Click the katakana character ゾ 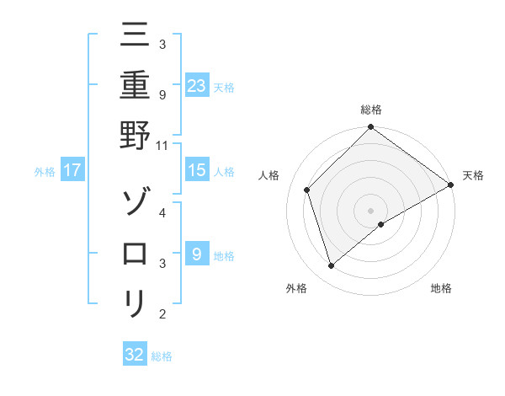[135, 203]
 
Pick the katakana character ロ [135, 253]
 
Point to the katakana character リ [135, 302]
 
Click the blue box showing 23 [197, 85]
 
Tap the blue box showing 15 [197, 170]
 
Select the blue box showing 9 [197, 254]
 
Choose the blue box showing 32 [135, 355]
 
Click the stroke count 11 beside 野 [162, 145]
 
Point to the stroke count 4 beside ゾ [162, 213]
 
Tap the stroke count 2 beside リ [162, 314]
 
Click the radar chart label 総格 [371, 110]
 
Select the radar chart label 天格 [474, 175]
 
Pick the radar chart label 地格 [441, 289]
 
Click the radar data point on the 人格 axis [307, 190]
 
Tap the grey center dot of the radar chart [371, 210]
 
